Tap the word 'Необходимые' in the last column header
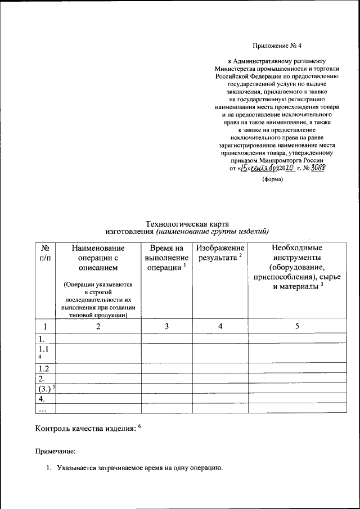tap(297, 247)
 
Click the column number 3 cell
tap(166, 326)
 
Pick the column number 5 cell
tap(296, 326)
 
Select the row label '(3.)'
tap(43, 388)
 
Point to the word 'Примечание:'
tap(55, 451)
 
